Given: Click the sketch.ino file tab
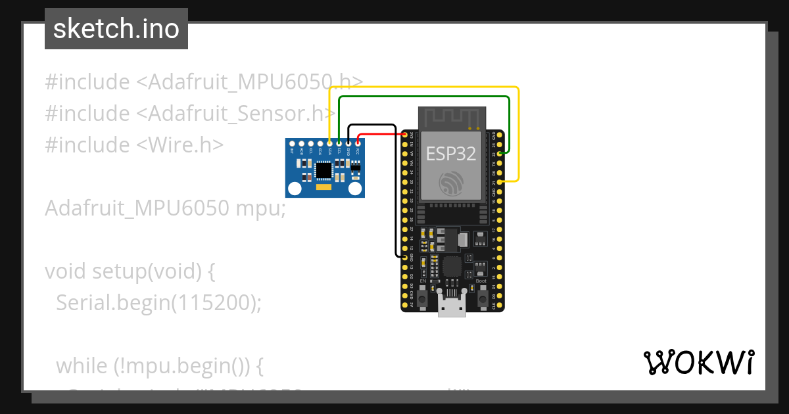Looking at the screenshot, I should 116,29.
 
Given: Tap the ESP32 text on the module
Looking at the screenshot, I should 450,154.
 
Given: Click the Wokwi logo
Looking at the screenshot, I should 698,362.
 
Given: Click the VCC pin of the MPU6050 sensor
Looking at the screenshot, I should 358,143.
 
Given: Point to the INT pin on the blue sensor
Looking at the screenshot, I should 292,143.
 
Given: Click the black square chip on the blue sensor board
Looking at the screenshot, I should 323,170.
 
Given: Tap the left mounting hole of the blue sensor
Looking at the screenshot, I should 295,189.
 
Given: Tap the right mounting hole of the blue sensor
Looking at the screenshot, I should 355,189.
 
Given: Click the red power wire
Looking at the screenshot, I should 381,134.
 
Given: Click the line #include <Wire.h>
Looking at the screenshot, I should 134,145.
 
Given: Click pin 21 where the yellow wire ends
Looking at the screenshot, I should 501,181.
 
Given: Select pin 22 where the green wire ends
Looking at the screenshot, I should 501,153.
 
